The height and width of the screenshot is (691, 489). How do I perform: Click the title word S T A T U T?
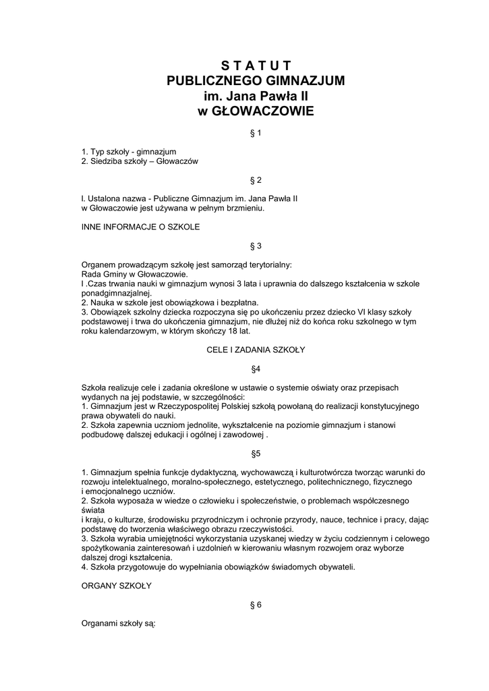(x=256, y=65)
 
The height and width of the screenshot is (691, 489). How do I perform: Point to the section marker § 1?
(x=256, y=133)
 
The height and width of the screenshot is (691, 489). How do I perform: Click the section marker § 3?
(x=256, y=246)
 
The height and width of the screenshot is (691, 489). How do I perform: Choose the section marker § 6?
(x=256, y=605)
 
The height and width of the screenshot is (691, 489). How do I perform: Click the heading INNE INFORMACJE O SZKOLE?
(x=140, y=227)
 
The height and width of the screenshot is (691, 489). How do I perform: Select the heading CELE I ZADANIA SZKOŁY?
(x=256, y=350)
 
